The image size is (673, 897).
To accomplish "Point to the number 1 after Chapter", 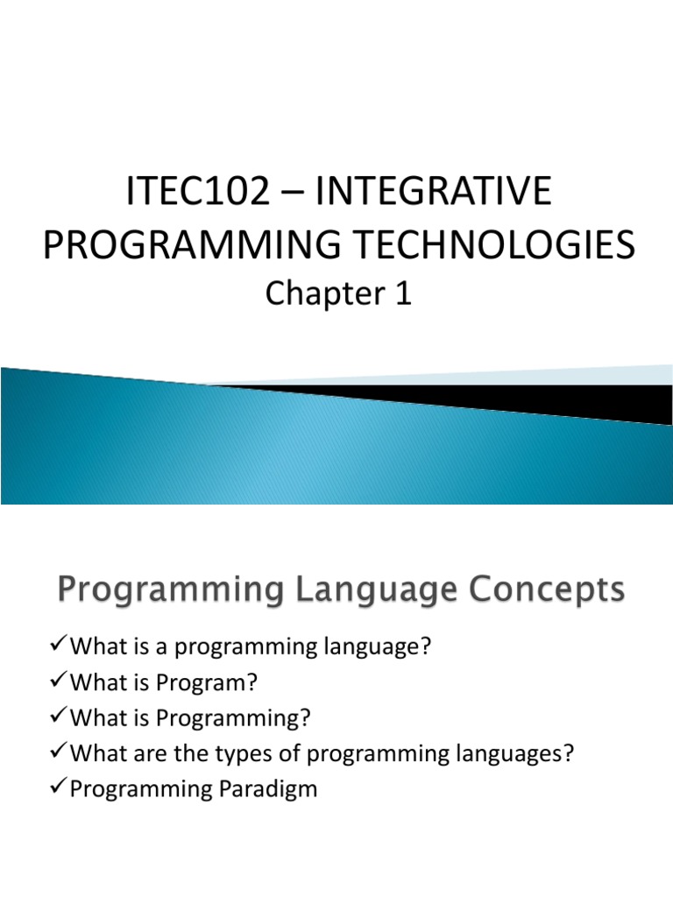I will pos(402,295).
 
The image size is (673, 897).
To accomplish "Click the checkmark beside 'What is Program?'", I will pos(57,682).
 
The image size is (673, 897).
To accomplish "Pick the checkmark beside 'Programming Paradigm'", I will pos(57,788).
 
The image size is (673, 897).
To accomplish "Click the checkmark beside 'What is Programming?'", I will pos(57,717).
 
